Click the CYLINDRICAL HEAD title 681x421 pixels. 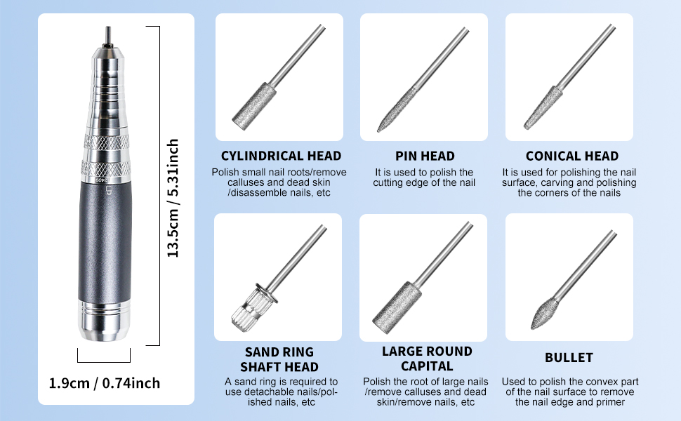click(281, 156)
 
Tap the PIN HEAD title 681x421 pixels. click(425, 156)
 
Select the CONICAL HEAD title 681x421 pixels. click(572, 156)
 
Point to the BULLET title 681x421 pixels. click(569, 358)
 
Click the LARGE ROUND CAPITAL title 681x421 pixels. click(427, 359)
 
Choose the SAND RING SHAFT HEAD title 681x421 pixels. click(279, 359)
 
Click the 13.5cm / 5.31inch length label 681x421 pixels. click(173, 198)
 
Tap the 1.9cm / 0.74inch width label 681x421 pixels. click(104, 383)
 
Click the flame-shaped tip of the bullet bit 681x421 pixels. click(544, 313)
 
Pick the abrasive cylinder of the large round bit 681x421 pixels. click(397, 308)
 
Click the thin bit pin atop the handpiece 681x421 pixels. click(107, 36)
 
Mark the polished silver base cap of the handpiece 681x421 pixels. click(105, 319)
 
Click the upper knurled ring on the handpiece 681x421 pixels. click(106, 142)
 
